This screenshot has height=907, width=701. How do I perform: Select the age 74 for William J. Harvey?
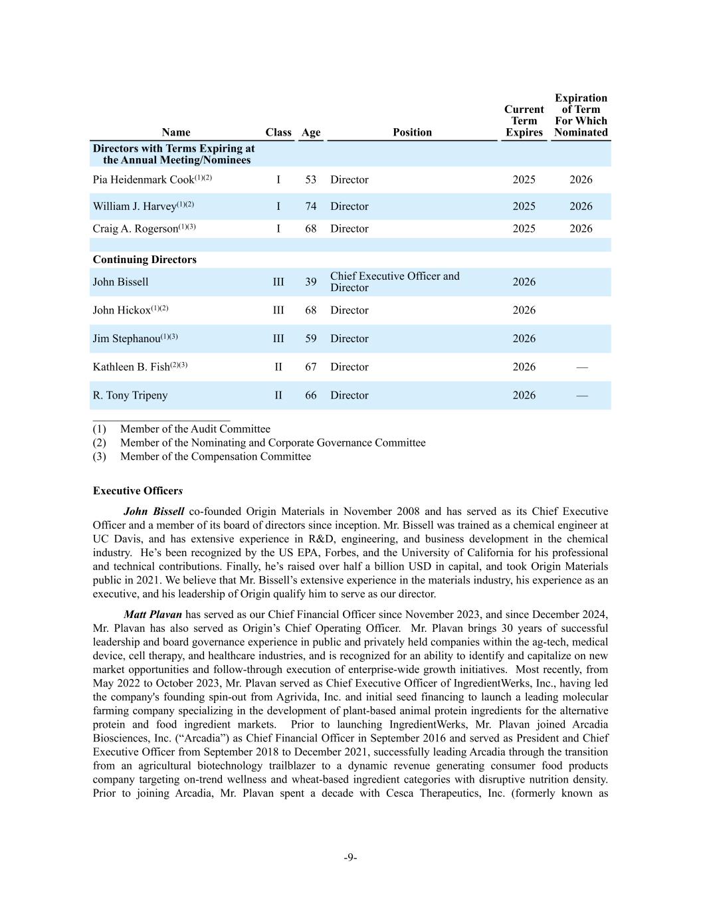[310, 207]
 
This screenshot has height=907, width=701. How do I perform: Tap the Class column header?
[278, 132]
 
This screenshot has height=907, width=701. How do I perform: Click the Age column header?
[310, 132]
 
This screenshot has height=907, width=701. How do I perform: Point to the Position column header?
[412, 132]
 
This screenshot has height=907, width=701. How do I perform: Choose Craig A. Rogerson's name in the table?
[136, 229]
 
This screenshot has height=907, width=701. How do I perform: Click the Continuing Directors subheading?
[144, 260]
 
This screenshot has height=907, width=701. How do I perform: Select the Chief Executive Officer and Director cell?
[395, 282]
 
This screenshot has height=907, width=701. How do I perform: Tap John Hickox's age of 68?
[310, 310]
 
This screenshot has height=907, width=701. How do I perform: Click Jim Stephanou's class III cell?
[278, 339]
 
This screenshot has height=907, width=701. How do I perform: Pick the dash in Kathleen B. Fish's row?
[581, 367]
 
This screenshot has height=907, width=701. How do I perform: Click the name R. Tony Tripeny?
[130, 395]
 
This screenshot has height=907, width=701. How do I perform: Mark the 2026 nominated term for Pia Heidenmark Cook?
[581, 180]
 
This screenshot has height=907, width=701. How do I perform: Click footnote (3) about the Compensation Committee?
[215, 456]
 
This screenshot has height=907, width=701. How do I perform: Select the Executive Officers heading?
[138, 491]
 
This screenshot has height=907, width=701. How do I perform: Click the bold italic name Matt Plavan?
[152, 615]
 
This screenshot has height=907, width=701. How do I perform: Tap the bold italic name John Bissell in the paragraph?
[153, 512]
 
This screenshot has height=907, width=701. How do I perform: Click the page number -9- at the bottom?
[350, 858]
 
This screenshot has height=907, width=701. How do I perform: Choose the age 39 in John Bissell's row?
[310, 282]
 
